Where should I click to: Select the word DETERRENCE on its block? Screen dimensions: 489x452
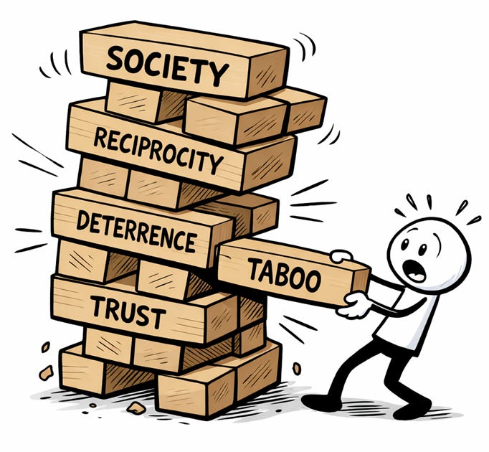pyautogui.click(x=136, y=229)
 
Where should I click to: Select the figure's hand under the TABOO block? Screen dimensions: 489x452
pyautogui.click(x=354, y=308)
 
